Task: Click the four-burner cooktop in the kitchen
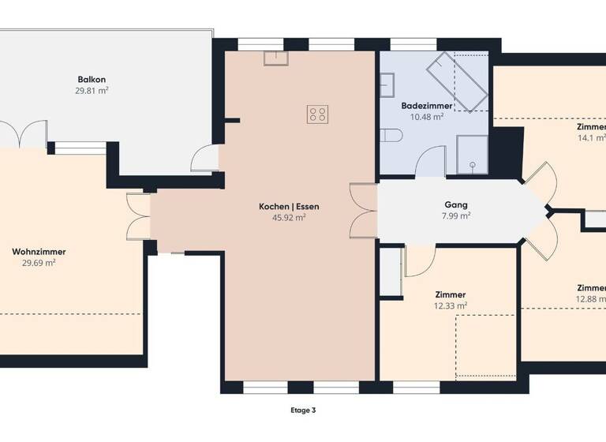click(317, 114)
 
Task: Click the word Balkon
click(92, 80)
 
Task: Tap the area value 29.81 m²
click(92, 91)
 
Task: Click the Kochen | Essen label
click(289, 206)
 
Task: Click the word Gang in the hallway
click(456, 204)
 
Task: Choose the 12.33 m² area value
click(450, 305)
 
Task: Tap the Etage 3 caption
click(303, 410)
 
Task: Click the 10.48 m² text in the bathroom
click(427, 116)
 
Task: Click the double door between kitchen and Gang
click(364, 211)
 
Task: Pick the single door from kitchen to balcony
click(204, 159)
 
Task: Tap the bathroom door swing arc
click(431, 161)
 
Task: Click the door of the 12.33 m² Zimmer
click(418, 260)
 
